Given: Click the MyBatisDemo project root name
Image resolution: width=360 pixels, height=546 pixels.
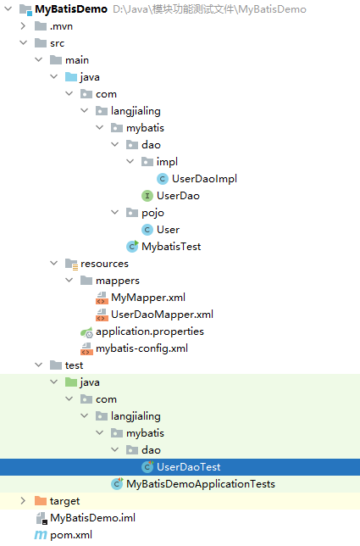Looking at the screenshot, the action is tap(71, 9).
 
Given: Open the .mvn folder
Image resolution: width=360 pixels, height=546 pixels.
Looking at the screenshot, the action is tap(61, 26).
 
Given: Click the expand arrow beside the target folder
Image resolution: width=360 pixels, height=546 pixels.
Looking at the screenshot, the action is tap(23, 501).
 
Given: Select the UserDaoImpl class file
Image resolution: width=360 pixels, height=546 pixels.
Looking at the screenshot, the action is tap(204, 179).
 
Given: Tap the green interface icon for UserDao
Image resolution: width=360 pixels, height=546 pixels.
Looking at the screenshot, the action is tap(147, 196).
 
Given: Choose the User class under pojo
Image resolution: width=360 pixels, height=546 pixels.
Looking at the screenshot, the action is tap(168, 230).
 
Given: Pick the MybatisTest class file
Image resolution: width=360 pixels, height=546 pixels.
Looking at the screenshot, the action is tap(171, 247).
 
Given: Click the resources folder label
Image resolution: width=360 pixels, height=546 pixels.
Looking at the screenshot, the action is tap(104, 264).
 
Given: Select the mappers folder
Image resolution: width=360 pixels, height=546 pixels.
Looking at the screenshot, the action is tap(118, 281).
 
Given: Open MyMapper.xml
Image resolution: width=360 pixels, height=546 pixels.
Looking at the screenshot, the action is tap(148, 298).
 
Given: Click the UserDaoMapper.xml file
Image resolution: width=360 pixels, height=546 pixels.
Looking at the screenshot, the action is tap(162, 315).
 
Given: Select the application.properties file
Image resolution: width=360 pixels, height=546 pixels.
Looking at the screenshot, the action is tap(150, 331).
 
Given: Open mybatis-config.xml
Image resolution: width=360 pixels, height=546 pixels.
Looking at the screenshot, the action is tap(141, 348).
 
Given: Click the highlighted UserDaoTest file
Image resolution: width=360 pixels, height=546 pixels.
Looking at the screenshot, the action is tap(188, 467).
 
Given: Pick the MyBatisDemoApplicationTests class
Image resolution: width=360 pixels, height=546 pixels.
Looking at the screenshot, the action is tap(201, 484).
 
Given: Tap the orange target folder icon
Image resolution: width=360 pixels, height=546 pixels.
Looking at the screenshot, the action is tap(41, 501).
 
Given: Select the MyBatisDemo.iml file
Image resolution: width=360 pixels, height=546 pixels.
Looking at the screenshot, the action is tap(92, 518).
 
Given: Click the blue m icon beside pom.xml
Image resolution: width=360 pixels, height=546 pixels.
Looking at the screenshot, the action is tap(41, 535).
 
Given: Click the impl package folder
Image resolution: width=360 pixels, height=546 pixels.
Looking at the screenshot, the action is tap(167, 162).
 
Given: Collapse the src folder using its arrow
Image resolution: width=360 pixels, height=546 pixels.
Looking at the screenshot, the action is tap(24, 43).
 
